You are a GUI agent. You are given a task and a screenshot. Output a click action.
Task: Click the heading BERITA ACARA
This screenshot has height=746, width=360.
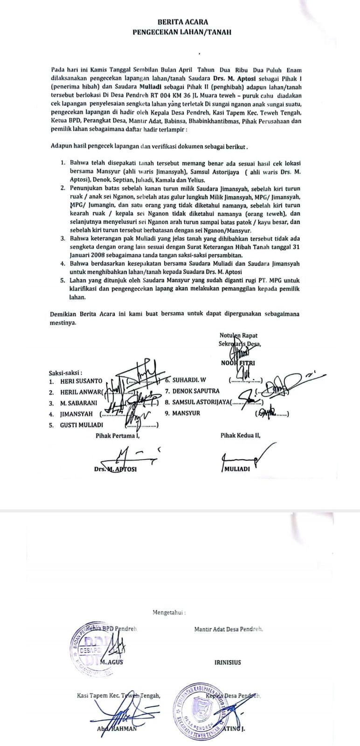click(182, 22)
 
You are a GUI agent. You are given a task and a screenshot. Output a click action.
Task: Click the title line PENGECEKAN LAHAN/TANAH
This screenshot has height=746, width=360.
click(182, 32)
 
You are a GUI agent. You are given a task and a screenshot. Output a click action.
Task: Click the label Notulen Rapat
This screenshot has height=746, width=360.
click(238, 335)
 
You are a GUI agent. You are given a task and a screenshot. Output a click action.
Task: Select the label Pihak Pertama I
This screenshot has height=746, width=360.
click(118, 435)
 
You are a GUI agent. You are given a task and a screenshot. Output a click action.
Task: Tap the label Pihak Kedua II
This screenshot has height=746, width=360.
click(240, 435)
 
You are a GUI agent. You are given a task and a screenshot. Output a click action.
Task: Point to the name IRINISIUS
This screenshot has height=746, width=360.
click(228, 662)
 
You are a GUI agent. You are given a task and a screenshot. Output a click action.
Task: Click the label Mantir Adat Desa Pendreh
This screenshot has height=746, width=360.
click(228, 629)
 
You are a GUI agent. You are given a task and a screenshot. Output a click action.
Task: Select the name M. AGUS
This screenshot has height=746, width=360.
click(112, 662)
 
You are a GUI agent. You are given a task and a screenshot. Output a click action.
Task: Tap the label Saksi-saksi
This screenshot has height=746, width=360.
click(65, 373)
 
